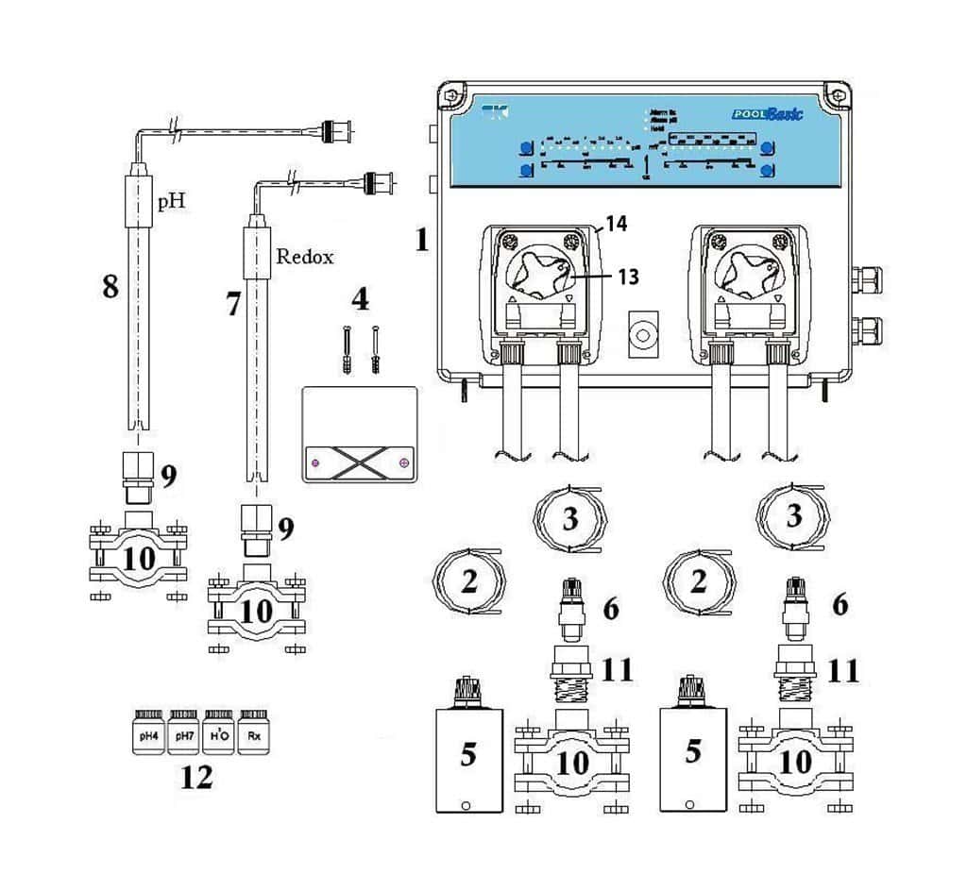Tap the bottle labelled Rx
[253, 732]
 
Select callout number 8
[111, 286]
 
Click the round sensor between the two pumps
[643, 334]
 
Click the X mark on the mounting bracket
[358, 462]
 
